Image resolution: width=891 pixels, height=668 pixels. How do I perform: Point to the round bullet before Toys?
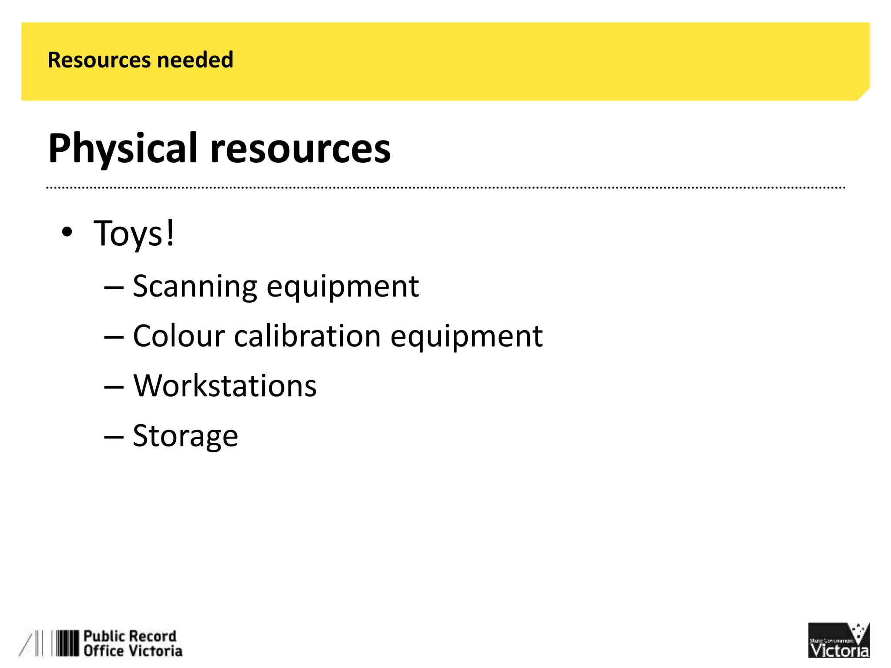[x=67, y=232]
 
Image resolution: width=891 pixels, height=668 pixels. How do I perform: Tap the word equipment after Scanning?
[x=343, y=287]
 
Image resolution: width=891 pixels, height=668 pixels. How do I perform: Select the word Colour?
[x=179, y=336]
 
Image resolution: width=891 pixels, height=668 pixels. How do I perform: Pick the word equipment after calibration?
[x=466, y=336]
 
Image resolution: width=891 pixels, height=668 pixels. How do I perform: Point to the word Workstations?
[x=225, y=386]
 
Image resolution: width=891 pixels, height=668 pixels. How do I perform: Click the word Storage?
[x=185, y=436]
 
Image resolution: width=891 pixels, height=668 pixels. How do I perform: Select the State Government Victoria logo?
[x=838, y=640]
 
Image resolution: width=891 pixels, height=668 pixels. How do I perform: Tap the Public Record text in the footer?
[x=130, y=636]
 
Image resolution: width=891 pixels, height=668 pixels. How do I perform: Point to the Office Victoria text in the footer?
[x=133, y=651]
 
